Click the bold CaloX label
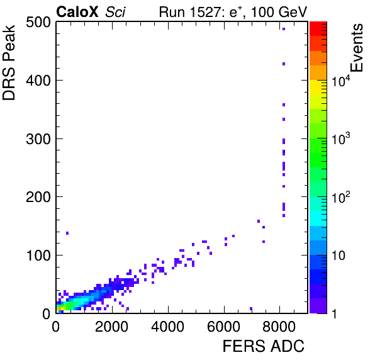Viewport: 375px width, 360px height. [77, 11]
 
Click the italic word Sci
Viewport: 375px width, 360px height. [115, 12]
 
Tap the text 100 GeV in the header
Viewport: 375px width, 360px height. [279, 12]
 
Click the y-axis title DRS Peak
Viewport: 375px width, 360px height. [9, 62]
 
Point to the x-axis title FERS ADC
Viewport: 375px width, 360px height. [264, 346]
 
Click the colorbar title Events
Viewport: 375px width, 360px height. [357, 48]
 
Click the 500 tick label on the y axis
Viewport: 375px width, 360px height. [38, 23]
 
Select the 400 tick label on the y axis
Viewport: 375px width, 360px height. [38, 81]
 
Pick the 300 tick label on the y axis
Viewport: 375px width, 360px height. [38, 138]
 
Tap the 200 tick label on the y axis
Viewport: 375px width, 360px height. [38, 197]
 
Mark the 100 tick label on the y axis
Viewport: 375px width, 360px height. [38, 256]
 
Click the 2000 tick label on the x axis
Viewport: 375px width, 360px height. [112, 326]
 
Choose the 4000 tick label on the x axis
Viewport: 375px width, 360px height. [168, 326]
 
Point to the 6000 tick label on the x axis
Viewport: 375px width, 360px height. [223, 326]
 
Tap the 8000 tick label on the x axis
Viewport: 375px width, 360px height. [279, 326]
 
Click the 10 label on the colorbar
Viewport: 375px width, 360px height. [339, 256]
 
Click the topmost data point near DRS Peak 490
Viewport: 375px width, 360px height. [284, 29]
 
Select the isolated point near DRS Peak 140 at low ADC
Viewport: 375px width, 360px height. [67, 233]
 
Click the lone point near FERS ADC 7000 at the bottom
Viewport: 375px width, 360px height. [251, 308]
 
